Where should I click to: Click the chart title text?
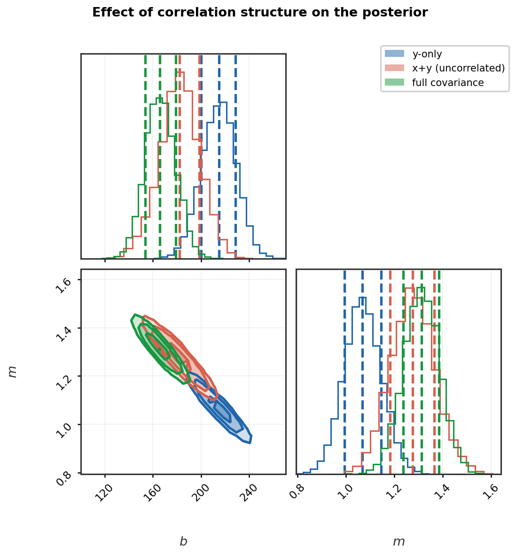pyautogui.click(x=260, y=13)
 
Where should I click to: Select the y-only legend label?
pyautogui.click(x=427, y=54)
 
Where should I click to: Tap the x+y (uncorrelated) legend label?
pyautogui.click(x=458, y=68)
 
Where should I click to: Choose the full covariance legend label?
pyautogui.click(x=447, y=83)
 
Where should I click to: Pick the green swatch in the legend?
pyautogui.click(x=394, y=83)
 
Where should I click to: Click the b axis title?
pyautogui.click(x=183, y=542)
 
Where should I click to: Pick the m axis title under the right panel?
pyautogui.click(x=399, y=542)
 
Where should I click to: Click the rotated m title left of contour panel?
pyautogui.click(x=13, y=372)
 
